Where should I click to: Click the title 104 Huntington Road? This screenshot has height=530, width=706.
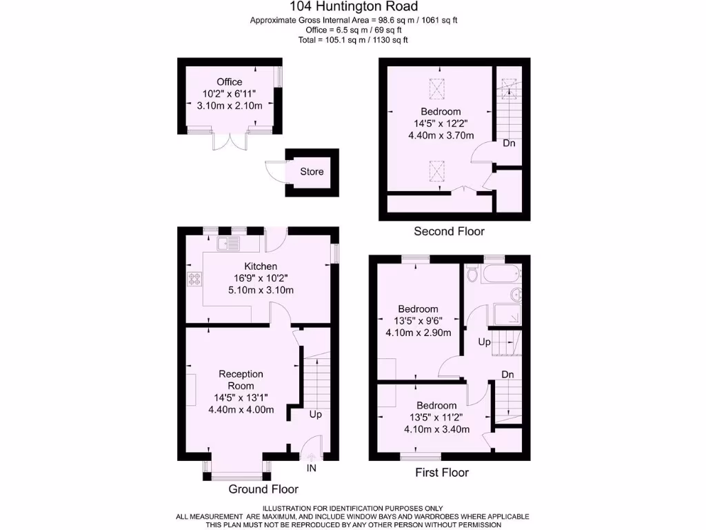click(353, 7)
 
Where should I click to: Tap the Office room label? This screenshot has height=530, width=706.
click(230, 82)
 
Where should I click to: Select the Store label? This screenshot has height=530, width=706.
click(312, 172)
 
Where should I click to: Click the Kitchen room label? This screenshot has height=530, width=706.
click(261, 266)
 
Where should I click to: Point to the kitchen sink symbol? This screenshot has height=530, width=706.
click(228, 243)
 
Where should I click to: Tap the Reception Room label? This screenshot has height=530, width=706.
click(241, 380)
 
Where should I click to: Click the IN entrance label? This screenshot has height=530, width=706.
click(312, 469)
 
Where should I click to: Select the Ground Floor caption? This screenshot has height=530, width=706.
click(263, 489)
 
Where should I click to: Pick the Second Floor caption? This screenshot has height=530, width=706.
click(449, 231)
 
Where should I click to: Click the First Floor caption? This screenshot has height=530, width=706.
click(442, 473)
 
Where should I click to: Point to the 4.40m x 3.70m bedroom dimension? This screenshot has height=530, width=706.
click(441, 136)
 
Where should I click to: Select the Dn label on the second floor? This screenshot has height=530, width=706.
click(509, 144)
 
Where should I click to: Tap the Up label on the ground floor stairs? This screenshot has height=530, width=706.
click(315, 415)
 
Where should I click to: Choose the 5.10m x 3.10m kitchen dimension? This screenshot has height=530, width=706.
click(261, 291)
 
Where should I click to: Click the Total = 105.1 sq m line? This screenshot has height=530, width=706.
click(353, 40)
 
